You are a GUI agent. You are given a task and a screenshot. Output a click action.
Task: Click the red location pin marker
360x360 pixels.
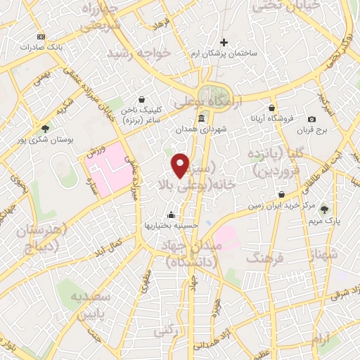[181, 165]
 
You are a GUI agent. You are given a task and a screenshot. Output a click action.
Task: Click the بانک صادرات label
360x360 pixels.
[37, 47]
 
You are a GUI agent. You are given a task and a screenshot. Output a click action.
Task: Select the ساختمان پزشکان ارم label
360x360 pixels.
[224, 53]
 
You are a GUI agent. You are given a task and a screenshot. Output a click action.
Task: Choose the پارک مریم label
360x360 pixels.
[324, 220]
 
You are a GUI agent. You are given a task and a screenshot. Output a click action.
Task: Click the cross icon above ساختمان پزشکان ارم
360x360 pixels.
[224, 43]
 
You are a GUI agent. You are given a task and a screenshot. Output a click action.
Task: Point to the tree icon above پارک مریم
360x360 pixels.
[324, 210]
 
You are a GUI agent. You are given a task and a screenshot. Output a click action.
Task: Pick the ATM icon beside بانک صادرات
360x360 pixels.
[40, 37]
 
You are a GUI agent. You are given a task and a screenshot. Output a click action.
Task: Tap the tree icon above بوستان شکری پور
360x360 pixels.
[45, 129]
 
